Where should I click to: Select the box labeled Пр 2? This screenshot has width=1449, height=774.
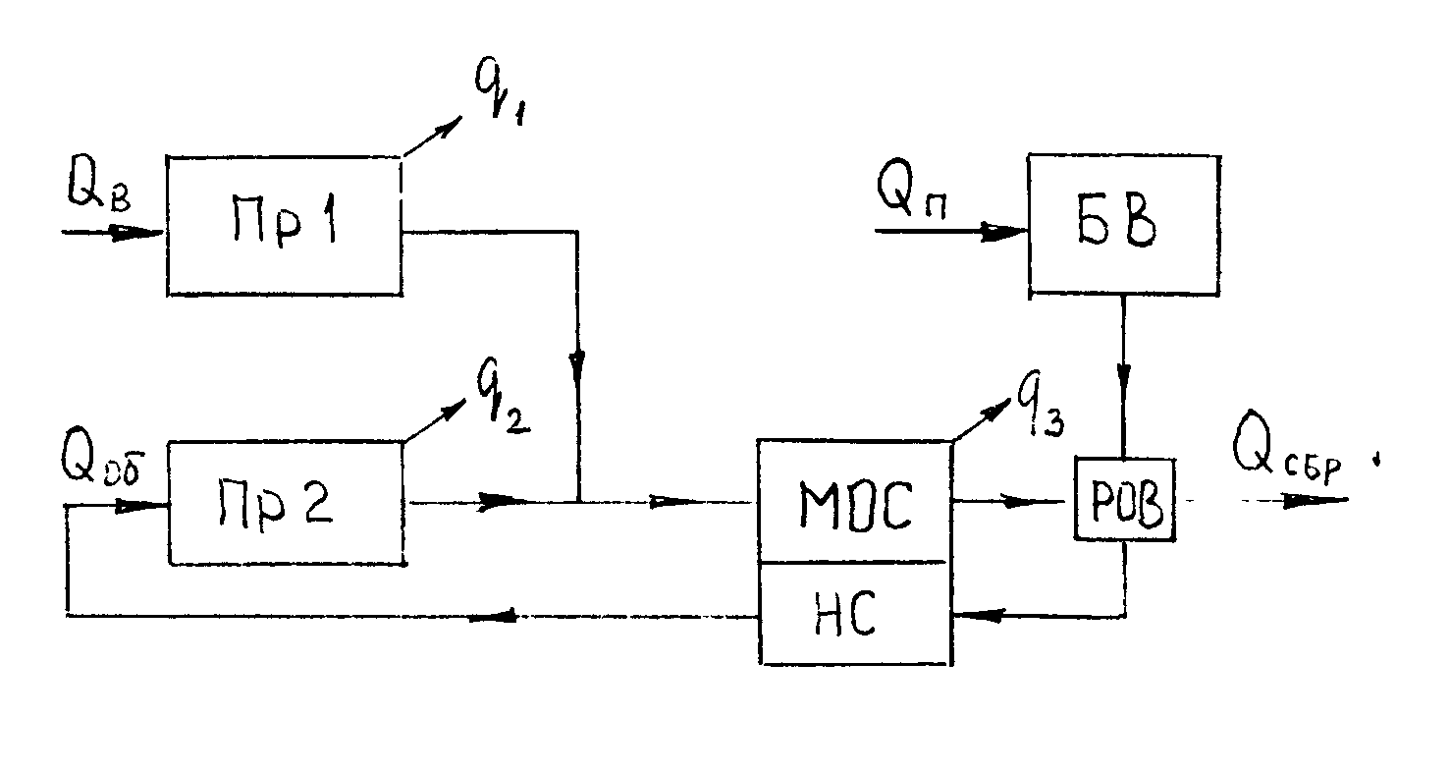pos(286,502)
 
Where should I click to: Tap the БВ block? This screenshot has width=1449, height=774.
pos(1124,224)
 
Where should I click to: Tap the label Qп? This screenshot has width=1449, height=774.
pos(917,191)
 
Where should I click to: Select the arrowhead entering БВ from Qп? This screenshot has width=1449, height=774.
pos(1007,233)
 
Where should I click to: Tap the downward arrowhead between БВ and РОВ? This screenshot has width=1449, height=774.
pos(1125,377)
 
